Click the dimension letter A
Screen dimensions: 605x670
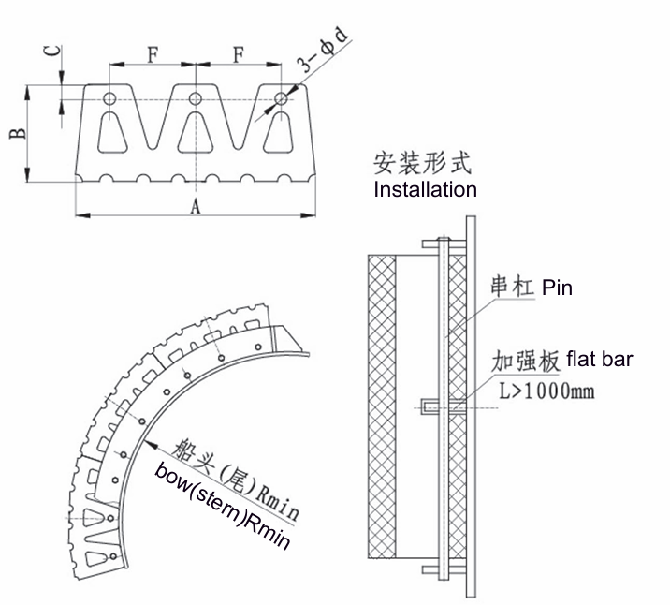click(x=196, y=206)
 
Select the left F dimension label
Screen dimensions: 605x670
click(x=153, y=53)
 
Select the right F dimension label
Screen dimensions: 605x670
click(x=239, y=53)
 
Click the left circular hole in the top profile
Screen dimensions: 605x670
click(x=109, y=98)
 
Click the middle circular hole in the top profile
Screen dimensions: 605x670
click(x=196, y=98)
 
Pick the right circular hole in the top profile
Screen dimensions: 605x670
click(x=281, y=98)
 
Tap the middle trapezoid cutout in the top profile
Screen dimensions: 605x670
click(x=196, y=132)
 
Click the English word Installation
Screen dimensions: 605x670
click(x=425, y=189)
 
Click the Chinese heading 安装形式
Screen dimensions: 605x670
click(x=422, y=164)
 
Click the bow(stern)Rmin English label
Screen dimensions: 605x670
click(x=222, y=501)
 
